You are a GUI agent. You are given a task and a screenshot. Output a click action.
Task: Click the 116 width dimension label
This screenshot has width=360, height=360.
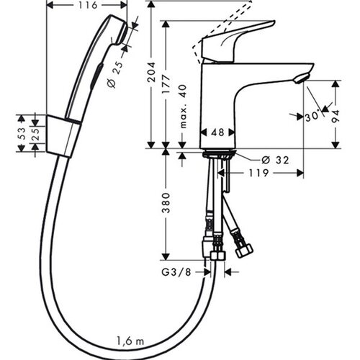click(88, 5)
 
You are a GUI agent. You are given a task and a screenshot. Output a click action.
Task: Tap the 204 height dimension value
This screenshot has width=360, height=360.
click(151, 73)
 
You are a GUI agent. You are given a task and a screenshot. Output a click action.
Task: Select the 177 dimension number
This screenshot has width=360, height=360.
click(166, 84)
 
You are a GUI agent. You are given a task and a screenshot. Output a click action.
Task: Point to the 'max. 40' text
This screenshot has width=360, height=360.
click(184, 107)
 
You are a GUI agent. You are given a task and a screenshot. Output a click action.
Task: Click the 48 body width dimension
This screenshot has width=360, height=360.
click(218, 132)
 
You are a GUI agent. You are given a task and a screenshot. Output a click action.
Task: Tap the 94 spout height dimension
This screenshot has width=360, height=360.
click(336, 116)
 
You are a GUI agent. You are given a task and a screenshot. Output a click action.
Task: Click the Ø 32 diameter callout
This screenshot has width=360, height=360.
click(275, 160)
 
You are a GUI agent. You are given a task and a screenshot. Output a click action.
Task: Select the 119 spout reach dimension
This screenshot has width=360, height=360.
click(258, 173)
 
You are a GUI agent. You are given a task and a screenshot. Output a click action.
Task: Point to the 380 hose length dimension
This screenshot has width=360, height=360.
click(166, 203)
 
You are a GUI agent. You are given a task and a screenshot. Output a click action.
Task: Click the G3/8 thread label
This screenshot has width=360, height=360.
click(176, 272)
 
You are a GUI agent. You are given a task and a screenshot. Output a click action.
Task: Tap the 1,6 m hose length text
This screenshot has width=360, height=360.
click(130, 341)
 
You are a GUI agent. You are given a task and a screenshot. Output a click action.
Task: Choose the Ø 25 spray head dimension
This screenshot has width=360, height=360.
click(114, 74)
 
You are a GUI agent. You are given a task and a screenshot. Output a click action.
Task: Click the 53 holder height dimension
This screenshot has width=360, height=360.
click(22, 133)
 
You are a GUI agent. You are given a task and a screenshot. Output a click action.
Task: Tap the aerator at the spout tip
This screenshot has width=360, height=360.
click(302, 78)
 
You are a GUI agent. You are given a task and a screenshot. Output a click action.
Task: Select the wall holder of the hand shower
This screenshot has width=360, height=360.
click(63, 136)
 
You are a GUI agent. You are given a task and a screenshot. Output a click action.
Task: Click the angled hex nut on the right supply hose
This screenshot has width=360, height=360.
click(243, 251)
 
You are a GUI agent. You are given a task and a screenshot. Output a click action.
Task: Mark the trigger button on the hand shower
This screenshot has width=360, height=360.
click(96, 76)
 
